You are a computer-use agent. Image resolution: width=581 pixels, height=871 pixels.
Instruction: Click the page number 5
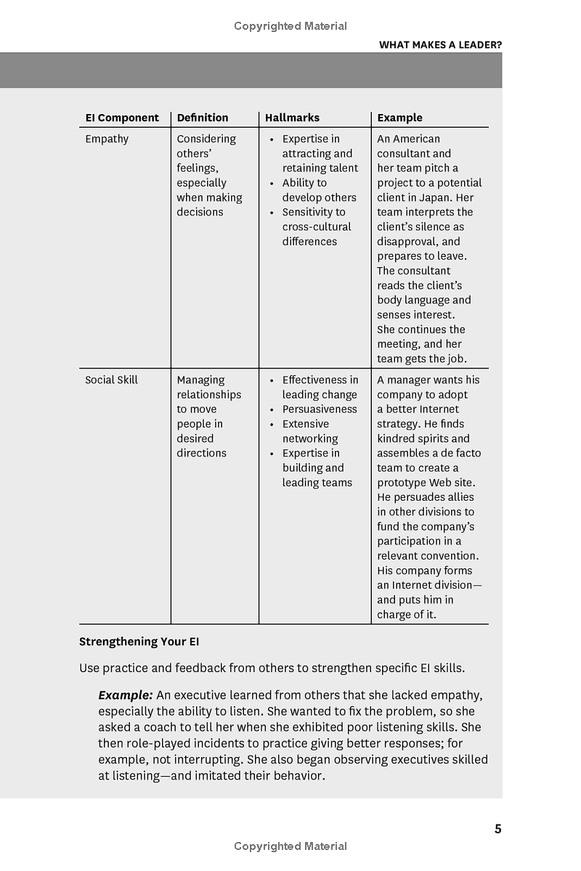pyautogui.click(x=497, y=829)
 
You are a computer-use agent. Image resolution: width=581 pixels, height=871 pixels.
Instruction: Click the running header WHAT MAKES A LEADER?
pyautogui.click(x=440, y=44)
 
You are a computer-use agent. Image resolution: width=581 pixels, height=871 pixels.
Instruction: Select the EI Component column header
pyautogui.click(x=122, y=118)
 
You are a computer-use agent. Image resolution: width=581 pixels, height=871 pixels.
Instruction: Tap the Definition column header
pyautogui.click(x=203, y=118)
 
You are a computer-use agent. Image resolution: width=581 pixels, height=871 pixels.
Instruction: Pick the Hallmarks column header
pyautogui.click(x=292, y=118)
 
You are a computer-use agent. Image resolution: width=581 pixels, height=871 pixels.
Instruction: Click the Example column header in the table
pyautogui.click(x=399, y=118)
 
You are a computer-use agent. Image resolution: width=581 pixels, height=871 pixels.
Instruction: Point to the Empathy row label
pyautogui.click(x=107, y=139)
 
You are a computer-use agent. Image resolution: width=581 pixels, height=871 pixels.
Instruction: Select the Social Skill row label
pyautogui.click(x=111, y=380)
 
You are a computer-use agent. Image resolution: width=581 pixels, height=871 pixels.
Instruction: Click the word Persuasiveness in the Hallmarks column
pyautogui.click(x=320, y=409)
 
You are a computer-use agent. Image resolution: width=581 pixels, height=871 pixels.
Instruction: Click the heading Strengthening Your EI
pyautogui.click(x=139, y=642)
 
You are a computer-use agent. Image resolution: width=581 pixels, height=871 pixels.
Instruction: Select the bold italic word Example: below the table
pyautogui.click(x=126, y=695)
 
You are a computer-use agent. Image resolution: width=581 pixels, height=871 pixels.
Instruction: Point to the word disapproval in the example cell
pyautogui.click(x=407, y=242)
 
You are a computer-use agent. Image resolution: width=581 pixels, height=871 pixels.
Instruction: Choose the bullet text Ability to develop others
pyautogui.click(x=319, y=190)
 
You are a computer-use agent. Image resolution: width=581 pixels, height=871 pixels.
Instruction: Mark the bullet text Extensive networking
pyautogui.click(x=309, y=431)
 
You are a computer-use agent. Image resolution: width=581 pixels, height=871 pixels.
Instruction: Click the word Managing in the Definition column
pyautogui.click(x=200, y=380)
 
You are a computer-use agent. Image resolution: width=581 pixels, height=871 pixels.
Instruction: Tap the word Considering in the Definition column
pyautogui.click(x=206, y=139)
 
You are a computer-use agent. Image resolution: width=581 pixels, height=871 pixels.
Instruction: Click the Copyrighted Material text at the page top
pyautogui.click(x=290, y=26)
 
